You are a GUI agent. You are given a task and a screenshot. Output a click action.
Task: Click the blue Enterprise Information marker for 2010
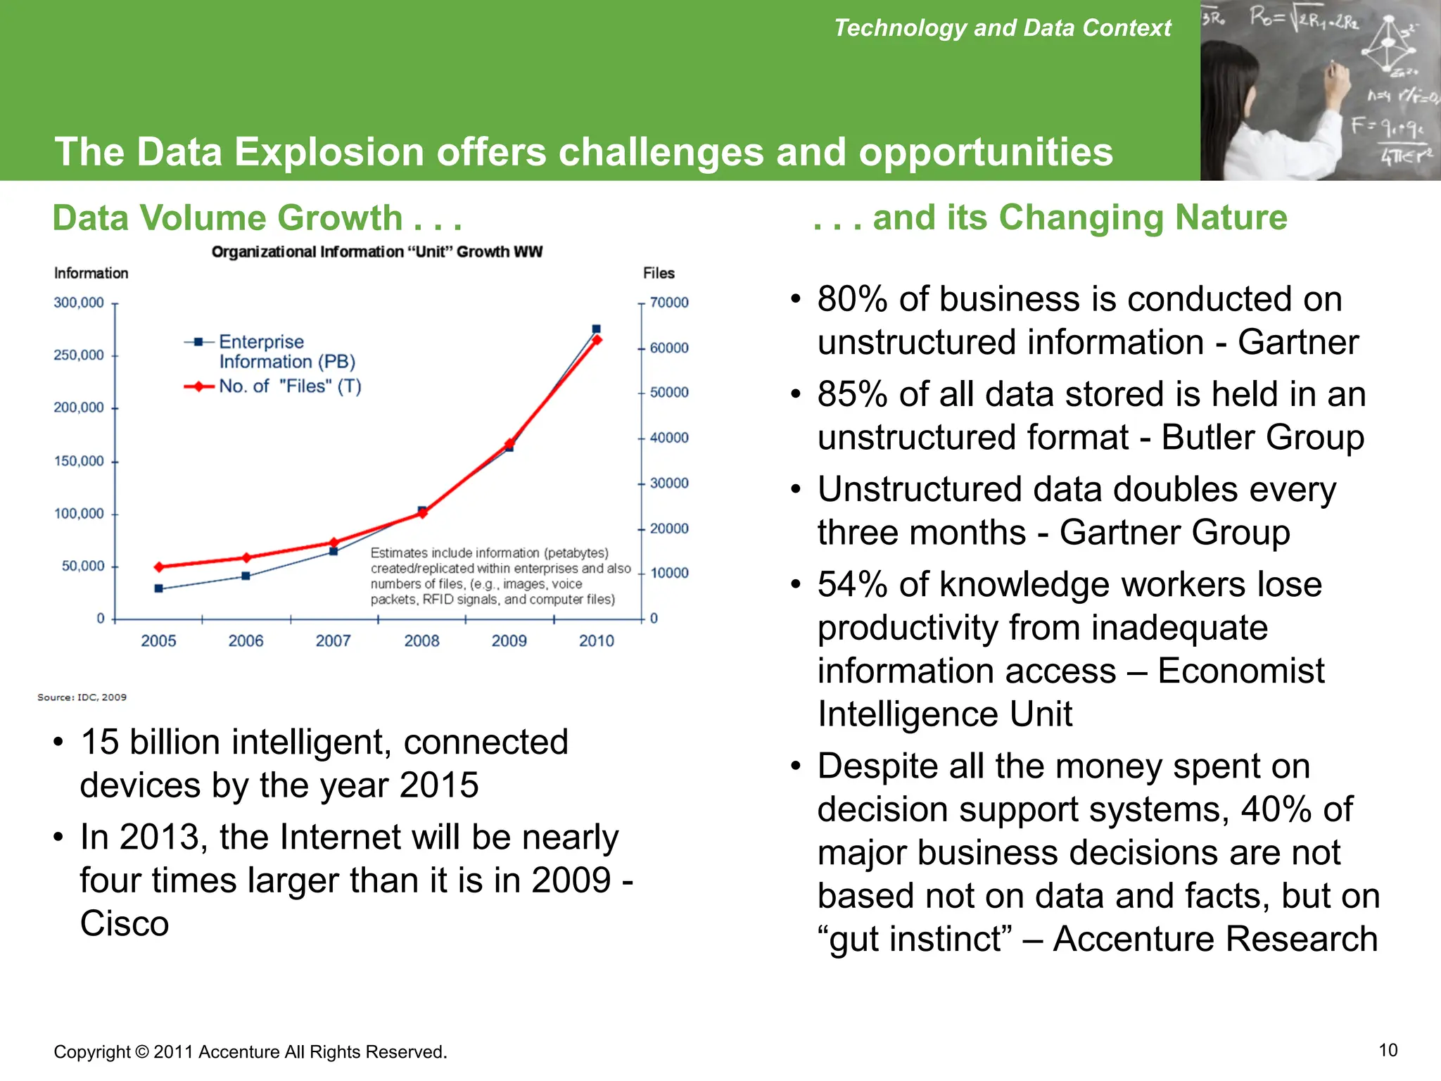pos(596,329)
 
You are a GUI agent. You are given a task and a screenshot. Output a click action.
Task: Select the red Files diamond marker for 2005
pos(159,567)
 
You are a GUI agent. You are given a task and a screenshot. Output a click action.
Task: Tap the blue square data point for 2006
pos(246,576)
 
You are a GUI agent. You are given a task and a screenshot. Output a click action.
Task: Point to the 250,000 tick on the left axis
pos(79,355)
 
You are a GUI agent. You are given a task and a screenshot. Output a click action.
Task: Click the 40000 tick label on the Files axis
pos(668,438)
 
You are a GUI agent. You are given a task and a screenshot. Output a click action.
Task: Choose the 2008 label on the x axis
pos(421,640)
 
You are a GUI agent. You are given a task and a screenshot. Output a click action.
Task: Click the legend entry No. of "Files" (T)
pos(289,386)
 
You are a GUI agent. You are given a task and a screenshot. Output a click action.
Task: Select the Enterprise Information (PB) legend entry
pos(286,351)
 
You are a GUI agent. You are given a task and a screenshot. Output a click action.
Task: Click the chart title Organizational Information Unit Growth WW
pos(376,252)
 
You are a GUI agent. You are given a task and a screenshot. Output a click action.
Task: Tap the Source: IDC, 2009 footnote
pos(82,697)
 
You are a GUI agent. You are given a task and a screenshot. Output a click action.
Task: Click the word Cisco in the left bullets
pos(125,923)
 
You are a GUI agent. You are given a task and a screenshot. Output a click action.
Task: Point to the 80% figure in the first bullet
pos(852,299)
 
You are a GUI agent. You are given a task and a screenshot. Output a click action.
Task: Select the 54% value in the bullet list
pos(852,584)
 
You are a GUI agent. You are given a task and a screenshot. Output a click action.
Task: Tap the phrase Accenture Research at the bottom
pos(1214,939)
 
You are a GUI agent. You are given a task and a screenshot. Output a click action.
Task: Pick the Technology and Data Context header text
pos(1002,27)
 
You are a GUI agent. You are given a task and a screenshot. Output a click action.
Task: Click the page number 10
pos(1388,1050)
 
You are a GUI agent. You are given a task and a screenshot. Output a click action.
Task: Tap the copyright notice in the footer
pos(250,1051)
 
